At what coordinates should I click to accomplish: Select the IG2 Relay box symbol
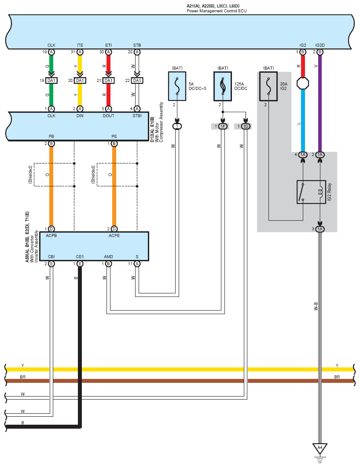pyautogui.click(x=311, y=192)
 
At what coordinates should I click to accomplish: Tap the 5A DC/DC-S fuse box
pyautogui.click(x=177, y=86)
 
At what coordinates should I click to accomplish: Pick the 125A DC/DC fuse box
pyautogui.click(x=223, y=86)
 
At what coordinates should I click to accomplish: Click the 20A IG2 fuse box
pyautogui.click(x=268, y=86)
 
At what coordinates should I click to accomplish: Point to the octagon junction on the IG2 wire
pyautogui.click(x=303, y=83)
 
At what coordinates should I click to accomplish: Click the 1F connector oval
pyautogui.click(x=223, y=126)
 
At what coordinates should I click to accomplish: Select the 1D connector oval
pyautogui.click(x=246, y=126)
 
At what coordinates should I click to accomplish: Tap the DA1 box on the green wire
pyautogui.click(x=51, y=81)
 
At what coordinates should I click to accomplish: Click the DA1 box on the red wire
pyautogui.click(x=108, y=81)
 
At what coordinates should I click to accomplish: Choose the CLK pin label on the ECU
pyautogui.click(x=51, y=45)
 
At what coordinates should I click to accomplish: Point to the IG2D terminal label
pyautogui.click(x=320, y=45)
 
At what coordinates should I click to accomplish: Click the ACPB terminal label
pyautogui.click(x=51, y=236)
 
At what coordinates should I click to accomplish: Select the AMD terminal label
pyautogui.click(x=108, y=257)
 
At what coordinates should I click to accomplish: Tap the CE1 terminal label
pyautogui.click(x=80, y=257)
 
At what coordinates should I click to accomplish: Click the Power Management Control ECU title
pyautogui.click(x=217, y=11)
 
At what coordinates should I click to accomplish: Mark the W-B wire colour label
pyautogui.click(x=316, y=307)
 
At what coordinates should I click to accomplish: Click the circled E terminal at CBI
pyautogui.click(x=51, y=264)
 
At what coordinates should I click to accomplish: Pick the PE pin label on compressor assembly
pyautogui.click(x=114, y=137)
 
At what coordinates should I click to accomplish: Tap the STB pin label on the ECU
pyautogui.click(x=137, y=45)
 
